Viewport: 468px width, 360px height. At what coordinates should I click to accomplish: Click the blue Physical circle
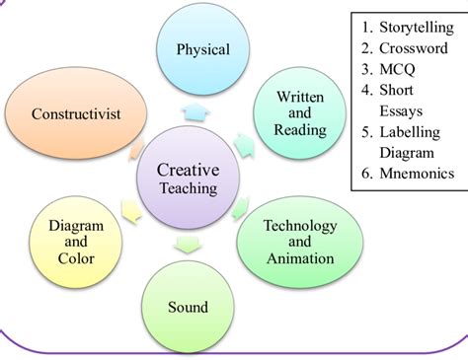pyautogui.click(x=202, y=49)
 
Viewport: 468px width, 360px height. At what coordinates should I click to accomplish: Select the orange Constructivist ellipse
pyautogui.click(x=75, y=114)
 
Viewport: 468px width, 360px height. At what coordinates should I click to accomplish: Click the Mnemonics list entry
pyautogui.click(x=414, y=174)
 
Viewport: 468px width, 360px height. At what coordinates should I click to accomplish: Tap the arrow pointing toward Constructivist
pyautogui.click(x=138, y=150)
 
